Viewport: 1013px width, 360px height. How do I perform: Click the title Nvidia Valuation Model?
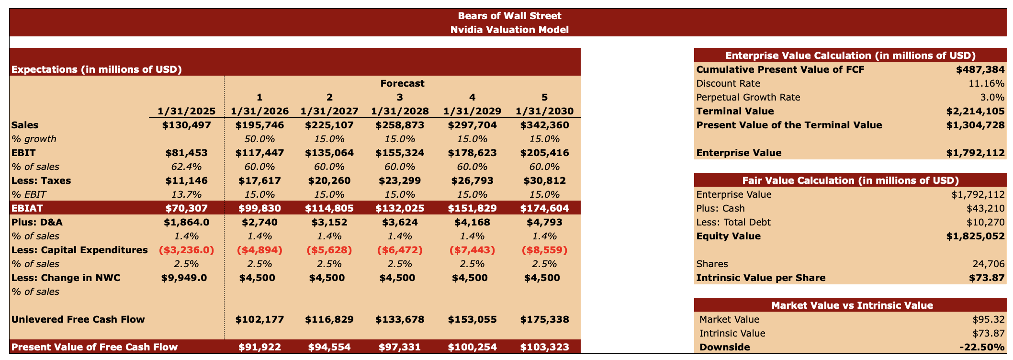coord(509,30)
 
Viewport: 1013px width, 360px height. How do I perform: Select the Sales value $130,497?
coord(186,125)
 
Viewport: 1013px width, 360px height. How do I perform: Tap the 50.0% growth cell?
coord(259,139)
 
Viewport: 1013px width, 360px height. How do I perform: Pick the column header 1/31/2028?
coord(400,111)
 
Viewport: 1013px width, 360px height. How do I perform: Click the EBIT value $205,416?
coord(544,153)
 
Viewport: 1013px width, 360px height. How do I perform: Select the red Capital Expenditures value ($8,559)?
coord(544,250)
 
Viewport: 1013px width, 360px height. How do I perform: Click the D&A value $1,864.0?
coord(186,222)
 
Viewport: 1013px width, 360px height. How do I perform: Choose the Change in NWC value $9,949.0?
coord(186,278)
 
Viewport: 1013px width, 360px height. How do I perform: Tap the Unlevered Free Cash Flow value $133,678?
coord(400,319)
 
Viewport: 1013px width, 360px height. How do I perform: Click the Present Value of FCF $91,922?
coord(259,347)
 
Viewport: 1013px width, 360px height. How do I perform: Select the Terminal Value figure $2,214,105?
coord(975,111)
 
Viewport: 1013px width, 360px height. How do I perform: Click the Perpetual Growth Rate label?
coord(748,97)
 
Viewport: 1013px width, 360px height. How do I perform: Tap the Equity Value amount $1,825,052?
coord(975,236)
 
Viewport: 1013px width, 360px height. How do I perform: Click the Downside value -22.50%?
coord(981,347)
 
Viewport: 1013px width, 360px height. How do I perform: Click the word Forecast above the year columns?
coord(402,83)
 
